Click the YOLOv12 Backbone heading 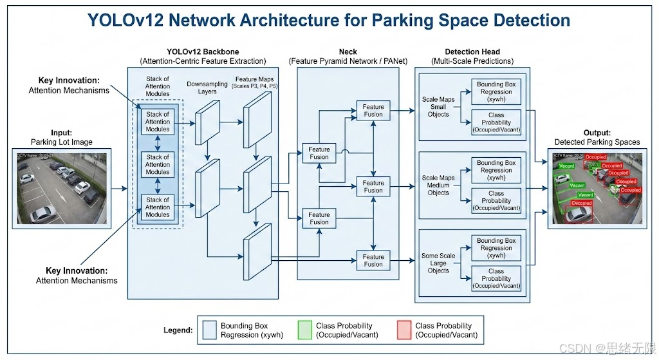click(203, 52)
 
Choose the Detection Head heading click(472, 52)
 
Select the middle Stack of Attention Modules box click(158, 165)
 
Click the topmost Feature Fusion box click(373, 111)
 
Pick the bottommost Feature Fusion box click(373, 260)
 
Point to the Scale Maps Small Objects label click(438, 107)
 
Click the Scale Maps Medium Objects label click(438, 185)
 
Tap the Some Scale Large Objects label click(438, 263)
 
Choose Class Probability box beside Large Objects click(496, 279)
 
